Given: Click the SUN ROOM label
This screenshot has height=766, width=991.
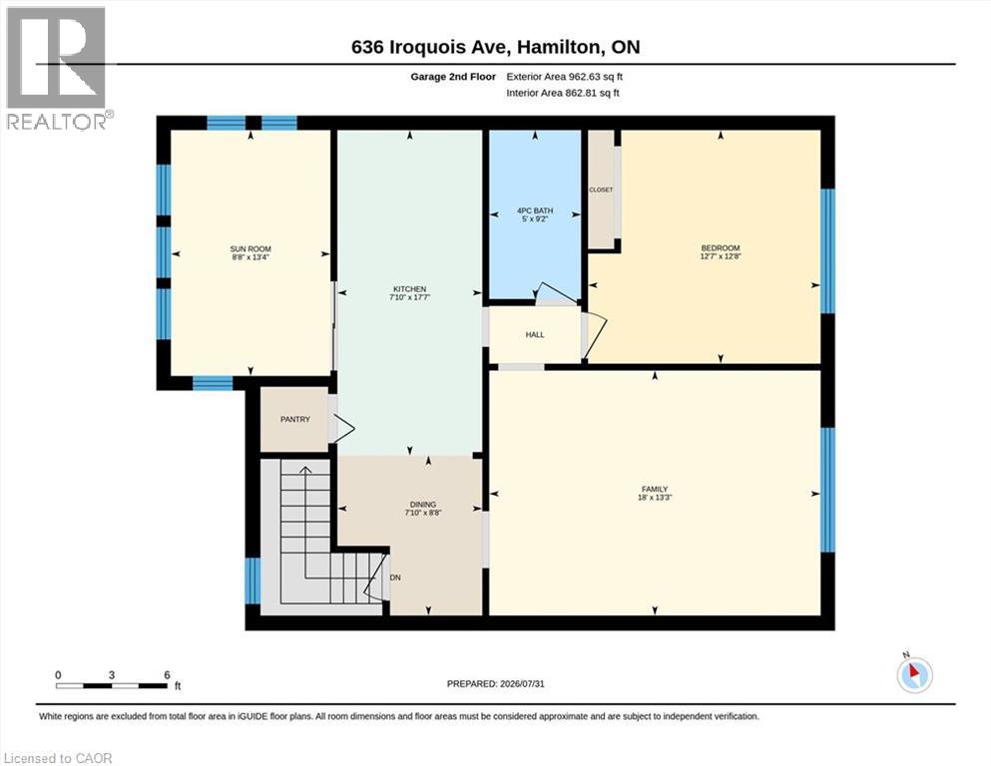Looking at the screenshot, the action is [250, 248].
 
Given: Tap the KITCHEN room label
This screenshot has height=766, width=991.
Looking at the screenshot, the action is [409, 289].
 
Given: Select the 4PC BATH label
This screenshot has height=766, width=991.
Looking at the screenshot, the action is [535, 210].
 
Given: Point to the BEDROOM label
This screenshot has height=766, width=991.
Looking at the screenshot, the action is [720, 248].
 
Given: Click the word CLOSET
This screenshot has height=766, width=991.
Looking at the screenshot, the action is [601, 190].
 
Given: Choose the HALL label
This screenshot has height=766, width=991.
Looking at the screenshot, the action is [535, 335].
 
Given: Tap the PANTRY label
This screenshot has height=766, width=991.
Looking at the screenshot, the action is [295, 419].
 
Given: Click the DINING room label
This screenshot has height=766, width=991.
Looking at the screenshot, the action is [423, 505].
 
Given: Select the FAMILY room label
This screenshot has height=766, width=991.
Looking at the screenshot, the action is [655, 489].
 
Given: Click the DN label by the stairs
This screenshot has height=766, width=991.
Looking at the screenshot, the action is [395, 577].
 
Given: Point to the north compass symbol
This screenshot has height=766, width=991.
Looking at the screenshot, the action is [914, 674].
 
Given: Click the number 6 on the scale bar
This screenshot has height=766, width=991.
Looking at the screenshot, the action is [167, 675].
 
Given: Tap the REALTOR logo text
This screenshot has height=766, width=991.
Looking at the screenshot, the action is [57, 122].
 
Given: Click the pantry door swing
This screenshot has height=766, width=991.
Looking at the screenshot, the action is [342, 428].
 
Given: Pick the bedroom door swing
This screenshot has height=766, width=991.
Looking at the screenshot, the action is [595, 336].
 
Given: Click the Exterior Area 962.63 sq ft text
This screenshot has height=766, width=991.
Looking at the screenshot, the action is [565, 77].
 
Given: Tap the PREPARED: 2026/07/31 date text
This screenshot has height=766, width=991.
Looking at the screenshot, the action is [495, 684].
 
